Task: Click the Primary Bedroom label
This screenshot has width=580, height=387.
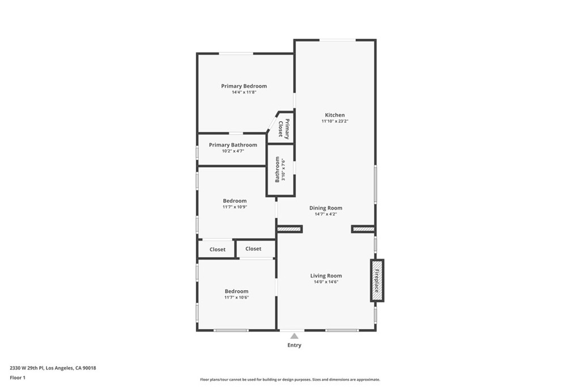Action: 244,86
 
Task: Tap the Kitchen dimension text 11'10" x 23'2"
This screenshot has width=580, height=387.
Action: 335,121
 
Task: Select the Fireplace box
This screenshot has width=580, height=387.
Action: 377,280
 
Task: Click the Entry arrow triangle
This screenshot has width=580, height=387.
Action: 294,336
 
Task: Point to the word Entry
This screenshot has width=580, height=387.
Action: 295,345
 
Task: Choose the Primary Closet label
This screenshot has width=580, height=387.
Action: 284,129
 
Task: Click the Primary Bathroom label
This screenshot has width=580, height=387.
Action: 233,144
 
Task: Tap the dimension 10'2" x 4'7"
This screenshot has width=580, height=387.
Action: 233,151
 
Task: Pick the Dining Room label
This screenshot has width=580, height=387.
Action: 326,208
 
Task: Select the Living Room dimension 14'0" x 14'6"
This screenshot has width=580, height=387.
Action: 326,282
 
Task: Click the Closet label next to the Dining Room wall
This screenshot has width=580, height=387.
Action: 253,249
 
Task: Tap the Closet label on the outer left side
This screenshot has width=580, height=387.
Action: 217,249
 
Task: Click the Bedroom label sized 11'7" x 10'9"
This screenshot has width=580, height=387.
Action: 234,201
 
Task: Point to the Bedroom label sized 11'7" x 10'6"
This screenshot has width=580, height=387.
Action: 236,291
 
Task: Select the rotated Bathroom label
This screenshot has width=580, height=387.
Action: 277,169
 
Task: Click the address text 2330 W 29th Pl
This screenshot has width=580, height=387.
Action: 27,368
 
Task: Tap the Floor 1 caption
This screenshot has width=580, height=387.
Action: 18,378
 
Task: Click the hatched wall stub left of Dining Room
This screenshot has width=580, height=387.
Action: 289,229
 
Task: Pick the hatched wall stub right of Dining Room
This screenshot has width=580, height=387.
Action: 363,229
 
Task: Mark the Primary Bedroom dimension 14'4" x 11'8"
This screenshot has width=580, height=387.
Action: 244,92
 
